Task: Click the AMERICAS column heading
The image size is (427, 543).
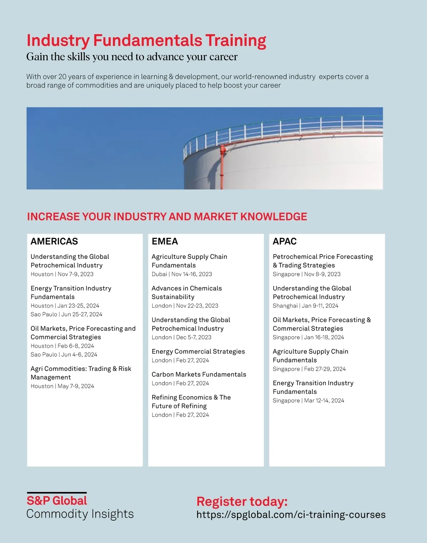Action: pyautogui.click(x=54, y=241)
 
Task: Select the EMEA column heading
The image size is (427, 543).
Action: pyautogui.click(x=165, y=241)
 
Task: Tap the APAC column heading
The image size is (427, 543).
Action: pyautogui.click(x=284, y=241)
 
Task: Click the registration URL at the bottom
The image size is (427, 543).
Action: pyautogui.click(x=291, y=515)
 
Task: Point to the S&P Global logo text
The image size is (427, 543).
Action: pyautogui.click(x=57, y=501)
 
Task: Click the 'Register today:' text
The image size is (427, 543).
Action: pyautogui.click(x=242, y=501)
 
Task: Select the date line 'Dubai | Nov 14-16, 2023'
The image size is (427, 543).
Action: pyautogui.click(x=181, y=274)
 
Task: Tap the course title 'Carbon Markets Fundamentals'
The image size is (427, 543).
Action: pyautogui.click(x=199, y=374)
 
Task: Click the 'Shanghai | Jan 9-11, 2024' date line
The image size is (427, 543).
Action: pyautogui.click(x=305, y=306)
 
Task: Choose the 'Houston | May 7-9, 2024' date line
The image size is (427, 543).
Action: pyautogui.click(x=62, y=386)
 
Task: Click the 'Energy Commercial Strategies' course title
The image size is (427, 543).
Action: pyautogui.click(x=198, y=351)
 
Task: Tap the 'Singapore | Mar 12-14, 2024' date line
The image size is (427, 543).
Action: pyautogui.click(x=308, y=401)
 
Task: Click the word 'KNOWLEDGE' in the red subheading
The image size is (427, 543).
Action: pyautogui.click(x=274, y=216)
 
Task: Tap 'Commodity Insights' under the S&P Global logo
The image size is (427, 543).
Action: pyautogui.click(x=80, y=514)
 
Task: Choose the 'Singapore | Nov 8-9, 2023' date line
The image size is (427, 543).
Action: pyautogui.click(x=306, y=274)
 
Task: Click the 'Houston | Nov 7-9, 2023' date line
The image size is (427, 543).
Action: pyautogui.click(x=62, y=274)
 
